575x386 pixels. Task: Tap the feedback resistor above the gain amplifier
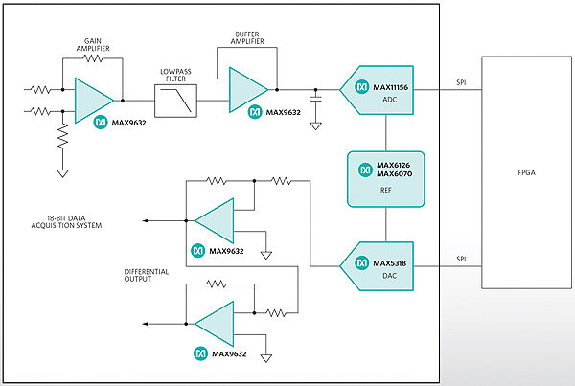pyautogui.click(x=93, y=58)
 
